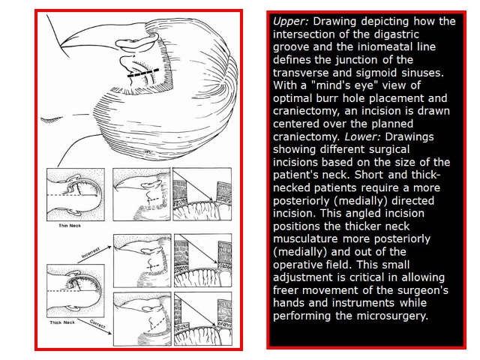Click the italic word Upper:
coord(291,22)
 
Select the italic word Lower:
coord(362,136)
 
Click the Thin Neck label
coord(70,226)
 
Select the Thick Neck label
coord(62,322)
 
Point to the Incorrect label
coord(91,253)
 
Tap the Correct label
coord(97,324)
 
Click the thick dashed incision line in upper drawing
coord(143,73)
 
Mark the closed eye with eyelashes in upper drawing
coord(52,119)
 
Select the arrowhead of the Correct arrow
coord(109,332)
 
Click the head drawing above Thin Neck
coord(76,194)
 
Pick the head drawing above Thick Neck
coord(76,291)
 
